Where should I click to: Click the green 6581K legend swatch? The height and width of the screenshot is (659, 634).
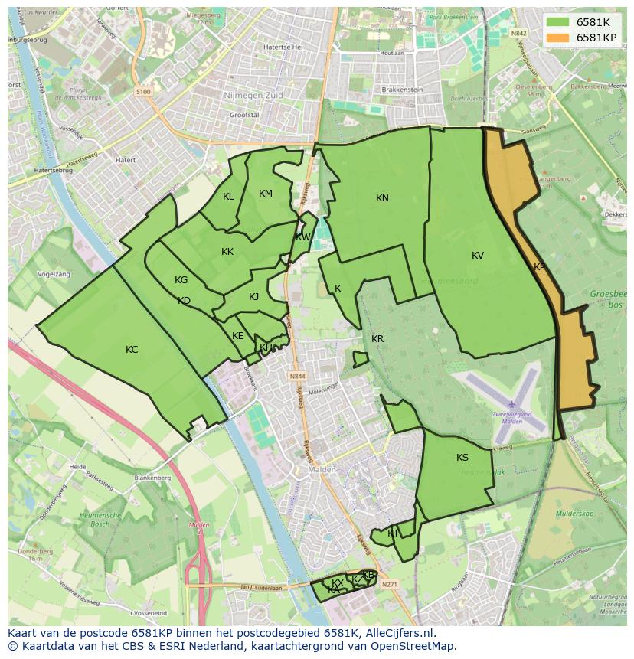[x=557, y=22]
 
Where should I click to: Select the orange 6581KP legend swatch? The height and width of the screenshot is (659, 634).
[x=557, y=38]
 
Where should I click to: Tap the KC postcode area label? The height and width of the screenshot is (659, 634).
[x=132, y=350]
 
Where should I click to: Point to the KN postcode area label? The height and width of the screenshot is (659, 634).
[x=382, y=198]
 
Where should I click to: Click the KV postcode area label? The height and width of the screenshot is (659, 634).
[x=478, y=256]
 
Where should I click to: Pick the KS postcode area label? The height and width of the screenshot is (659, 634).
[x=462, y=458]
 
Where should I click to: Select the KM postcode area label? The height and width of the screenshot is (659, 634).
[x=266, y=194]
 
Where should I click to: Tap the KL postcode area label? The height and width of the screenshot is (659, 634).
[x=228, y=197]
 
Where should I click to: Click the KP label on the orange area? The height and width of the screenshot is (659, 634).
[x=539, y=267]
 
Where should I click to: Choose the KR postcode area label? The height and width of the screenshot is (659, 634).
[x=377, y=339]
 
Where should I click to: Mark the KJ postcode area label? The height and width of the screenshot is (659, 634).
[x=253, y=297]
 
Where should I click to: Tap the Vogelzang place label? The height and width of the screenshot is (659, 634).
[x=54, y=273]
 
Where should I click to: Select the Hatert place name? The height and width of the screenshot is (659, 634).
[x=124, y=160]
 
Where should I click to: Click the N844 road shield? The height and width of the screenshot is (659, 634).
[x=298, y=377]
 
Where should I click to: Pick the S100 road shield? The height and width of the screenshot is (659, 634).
[x=143, y=91]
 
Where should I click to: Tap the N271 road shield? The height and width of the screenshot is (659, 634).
[x=389, y=583]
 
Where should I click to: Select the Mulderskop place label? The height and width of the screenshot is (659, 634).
[x=575, y=514]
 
